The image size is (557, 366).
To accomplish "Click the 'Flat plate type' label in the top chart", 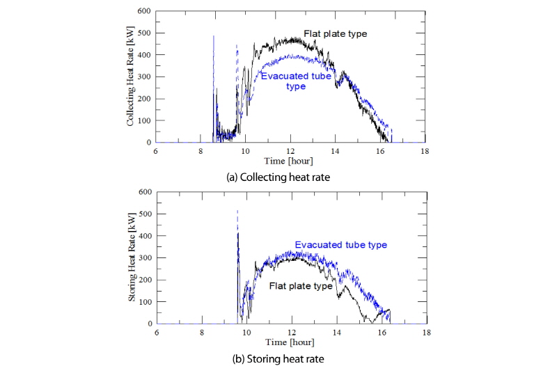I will point(335,33).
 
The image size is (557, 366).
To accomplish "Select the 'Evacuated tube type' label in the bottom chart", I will point(340,245).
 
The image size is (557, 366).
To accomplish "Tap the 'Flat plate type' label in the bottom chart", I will point(301,286).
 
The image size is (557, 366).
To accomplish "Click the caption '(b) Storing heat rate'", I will point(278,359).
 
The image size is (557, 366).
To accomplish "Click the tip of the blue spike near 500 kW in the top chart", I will point(214,35).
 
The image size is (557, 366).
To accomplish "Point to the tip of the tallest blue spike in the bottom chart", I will point(237,210).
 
